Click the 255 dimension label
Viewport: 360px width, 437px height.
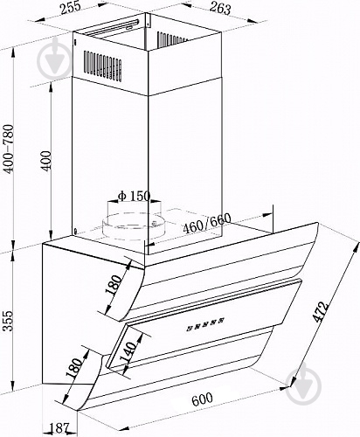[70, 7]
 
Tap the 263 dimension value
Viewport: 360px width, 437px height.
[220, 8]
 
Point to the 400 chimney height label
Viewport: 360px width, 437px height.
[45, 160]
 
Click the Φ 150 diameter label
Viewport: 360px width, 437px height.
[134, 196]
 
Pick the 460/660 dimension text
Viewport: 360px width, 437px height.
[207, 223]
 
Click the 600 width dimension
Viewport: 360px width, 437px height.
[202, 399]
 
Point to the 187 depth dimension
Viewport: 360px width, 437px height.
[59, 428]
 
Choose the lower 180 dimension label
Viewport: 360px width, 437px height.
[74, 368]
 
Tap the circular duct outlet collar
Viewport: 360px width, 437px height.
[134, 225]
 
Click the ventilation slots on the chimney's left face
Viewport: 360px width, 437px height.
[102, 66]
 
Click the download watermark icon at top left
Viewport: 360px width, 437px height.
[54, 61]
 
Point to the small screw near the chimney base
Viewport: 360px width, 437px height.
[76, 232]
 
